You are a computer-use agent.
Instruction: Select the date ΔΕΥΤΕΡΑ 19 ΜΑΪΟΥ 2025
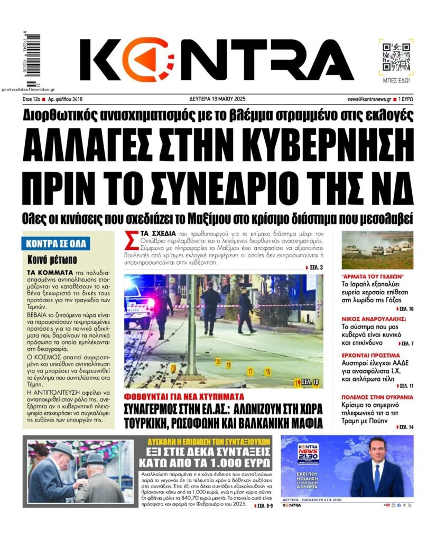[217, 99]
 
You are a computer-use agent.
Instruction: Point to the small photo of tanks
[377, 250]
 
